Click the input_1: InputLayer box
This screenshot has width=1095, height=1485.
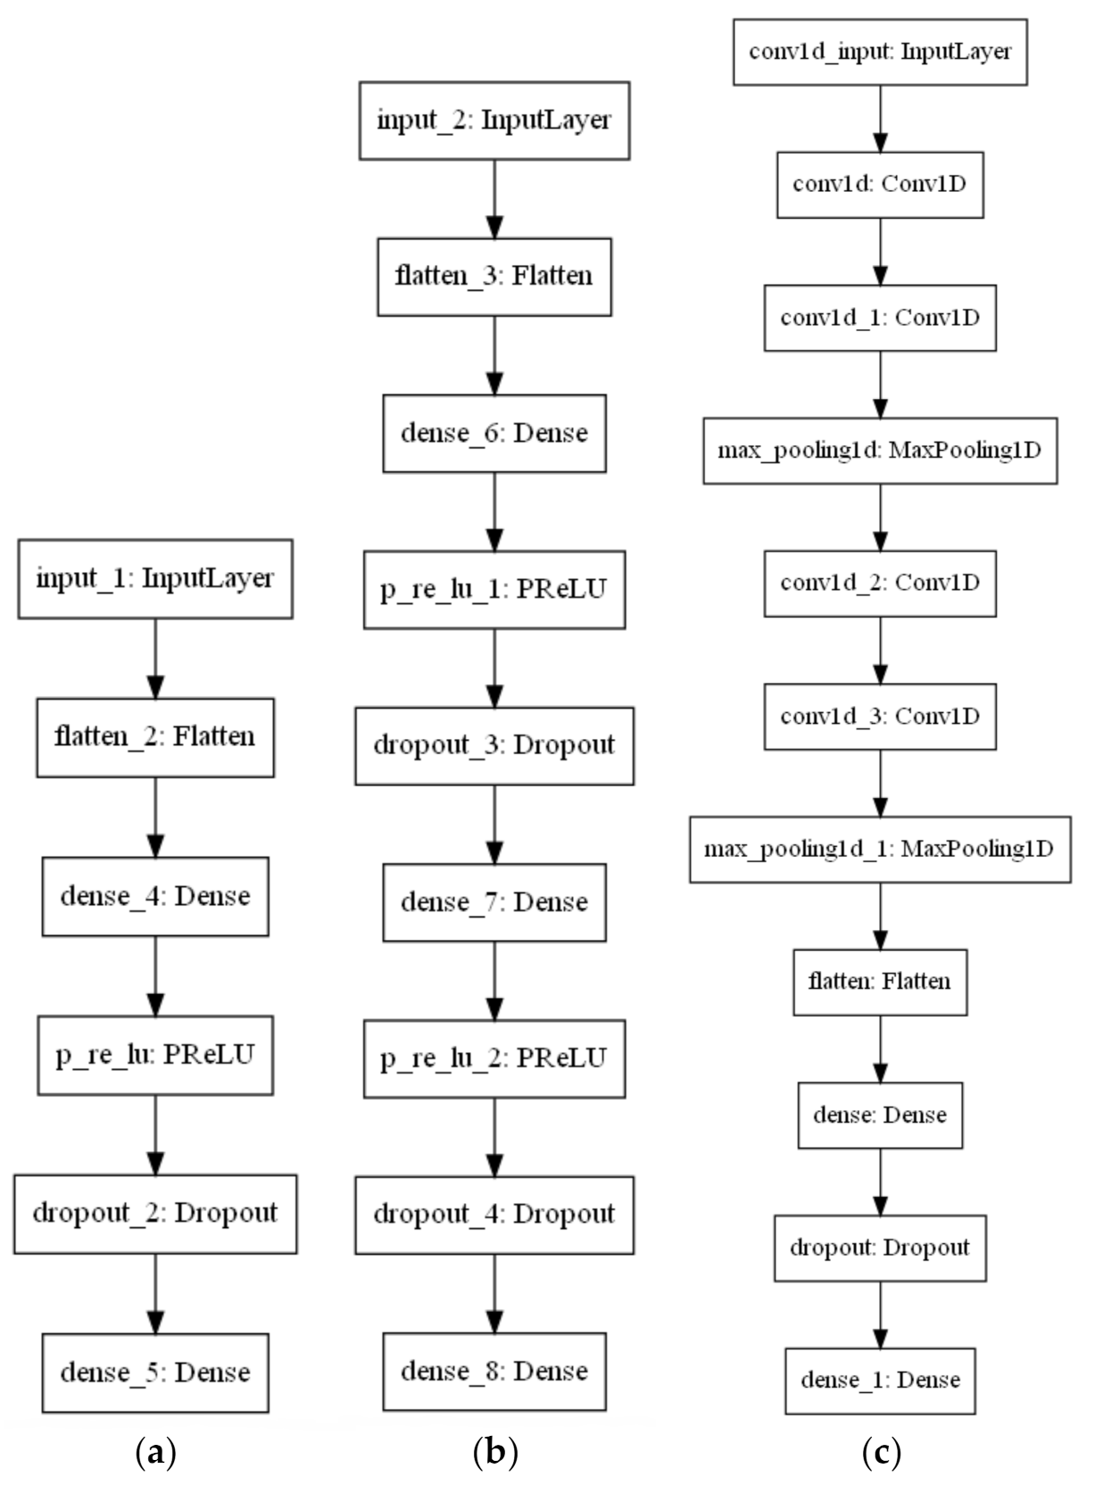155,578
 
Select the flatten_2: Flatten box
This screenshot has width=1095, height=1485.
155,737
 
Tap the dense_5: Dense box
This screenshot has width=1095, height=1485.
155,1373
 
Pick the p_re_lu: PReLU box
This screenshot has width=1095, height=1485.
155,1055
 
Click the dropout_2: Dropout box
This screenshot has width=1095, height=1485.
155,1214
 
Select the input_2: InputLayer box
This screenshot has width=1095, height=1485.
494,120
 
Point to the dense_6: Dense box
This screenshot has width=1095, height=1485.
494,434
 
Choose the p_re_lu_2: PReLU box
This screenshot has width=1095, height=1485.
494,1058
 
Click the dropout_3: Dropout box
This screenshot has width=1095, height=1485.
494,746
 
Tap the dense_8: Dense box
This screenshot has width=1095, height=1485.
494,1372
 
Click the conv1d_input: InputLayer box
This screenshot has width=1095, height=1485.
880,52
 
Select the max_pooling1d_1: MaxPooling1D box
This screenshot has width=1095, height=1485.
880,849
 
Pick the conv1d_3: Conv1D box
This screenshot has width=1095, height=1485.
880,717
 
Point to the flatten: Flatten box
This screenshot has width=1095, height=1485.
880,982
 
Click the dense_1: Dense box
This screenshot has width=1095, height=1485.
880,1381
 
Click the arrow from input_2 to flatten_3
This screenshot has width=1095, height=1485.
494,198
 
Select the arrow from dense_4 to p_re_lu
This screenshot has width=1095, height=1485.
155,975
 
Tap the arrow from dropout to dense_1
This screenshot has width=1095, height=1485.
880,1315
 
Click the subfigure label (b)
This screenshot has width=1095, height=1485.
494,1454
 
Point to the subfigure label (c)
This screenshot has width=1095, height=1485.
882,1454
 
